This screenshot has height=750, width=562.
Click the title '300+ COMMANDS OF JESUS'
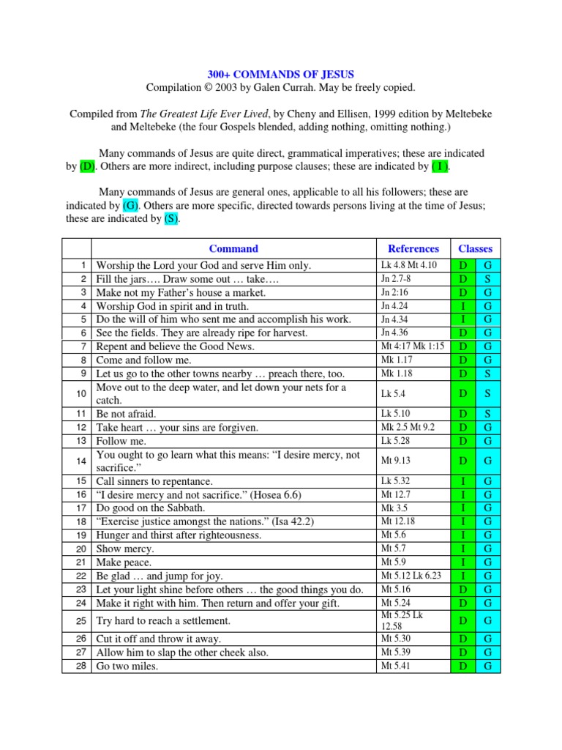click(x=280, y=74)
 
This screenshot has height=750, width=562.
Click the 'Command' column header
click(x=233, y=248)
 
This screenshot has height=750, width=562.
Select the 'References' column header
click(x=413, y=248)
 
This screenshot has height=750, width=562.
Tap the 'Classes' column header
click(x=475, y=248)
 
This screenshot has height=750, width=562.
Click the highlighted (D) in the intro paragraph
click(x=87, y=166)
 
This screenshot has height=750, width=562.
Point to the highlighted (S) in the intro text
click(x=171, y=218)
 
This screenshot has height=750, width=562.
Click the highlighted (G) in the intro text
click(x=130, y=205)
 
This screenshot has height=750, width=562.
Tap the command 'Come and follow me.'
click(x=143, y=360)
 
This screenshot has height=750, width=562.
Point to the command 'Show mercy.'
click(x=125, y=549)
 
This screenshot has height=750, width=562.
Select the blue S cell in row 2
click(x=487, y=279)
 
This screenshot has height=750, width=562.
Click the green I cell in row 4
click(x=462, y=306)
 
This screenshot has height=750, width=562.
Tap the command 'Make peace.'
click(x=124, y=562)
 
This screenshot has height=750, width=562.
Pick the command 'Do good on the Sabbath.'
click(x=151, y=508)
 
